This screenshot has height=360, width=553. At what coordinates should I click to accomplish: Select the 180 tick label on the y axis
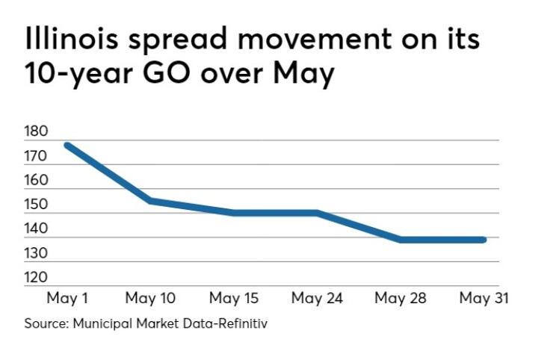pyautogui.click(x=36, y=131)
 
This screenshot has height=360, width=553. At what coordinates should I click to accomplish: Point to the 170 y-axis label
pyautogui.click(x=36, y=156)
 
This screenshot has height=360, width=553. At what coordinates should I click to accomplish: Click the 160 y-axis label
pyautogui.click(x=36, y=181)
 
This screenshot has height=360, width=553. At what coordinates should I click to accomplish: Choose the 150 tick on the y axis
pyautogui.click(x=36, y=205)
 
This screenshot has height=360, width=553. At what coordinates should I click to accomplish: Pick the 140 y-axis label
pyautogui.click(x=36, y=229)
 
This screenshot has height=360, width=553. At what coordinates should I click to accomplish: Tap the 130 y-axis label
pyautogui.click(x=36, y=254)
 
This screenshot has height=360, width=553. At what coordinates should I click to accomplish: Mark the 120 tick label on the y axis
pyautogui.click(x=36, y=278)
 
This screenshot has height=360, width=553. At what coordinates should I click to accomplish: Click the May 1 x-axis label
pyautogui.click(x=67, y=300)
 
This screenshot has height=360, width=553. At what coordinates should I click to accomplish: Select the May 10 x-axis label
pyautogui.click(x=150, y=300)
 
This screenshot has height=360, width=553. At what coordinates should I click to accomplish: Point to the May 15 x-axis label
pyautogui.click(x=234, y=300)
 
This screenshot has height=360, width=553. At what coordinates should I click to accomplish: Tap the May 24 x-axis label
pyautogui.click(x=317, y=300)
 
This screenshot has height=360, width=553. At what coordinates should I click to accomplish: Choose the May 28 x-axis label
pyautogui.click(x=401, y=300)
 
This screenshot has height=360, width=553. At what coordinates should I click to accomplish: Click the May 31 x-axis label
pyautogui.click(x=484, y=300)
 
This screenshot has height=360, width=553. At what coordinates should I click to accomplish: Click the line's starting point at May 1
pyautogui.click(x=68, y=145)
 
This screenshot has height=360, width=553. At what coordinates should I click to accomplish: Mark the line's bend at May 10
pyautogui.click(x=150, y=200)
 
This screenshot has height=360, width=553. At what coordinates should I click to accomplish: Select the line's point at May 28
pyautogui.click(x=401, y=240)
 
